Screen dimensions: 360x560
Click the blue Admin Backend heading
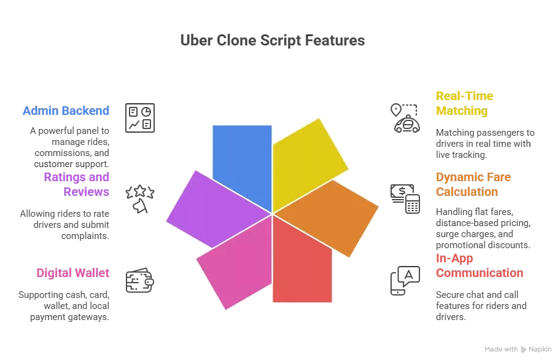tap(66, 111)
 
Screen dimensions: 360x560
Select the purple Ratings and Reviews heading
tap(77, 184)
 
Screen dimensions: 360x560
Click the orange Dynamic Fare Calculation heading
tap(475, 184)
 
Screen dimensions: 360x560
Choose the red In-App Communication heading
tap(479, 265)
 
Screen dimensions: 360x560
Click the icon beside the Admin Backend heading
tap(140, 117)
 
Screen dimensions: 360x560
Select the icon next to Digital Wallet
tap(140, 280)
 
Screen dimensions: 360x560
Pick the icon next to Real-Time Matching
tap(405, 117)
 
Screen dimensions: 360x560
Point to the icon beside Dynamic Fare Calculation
tap(405, 198)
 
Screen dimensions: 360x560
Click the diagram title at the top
tap(273, 41)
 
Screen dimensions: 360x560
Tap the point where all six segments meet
tap(272, 214)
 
